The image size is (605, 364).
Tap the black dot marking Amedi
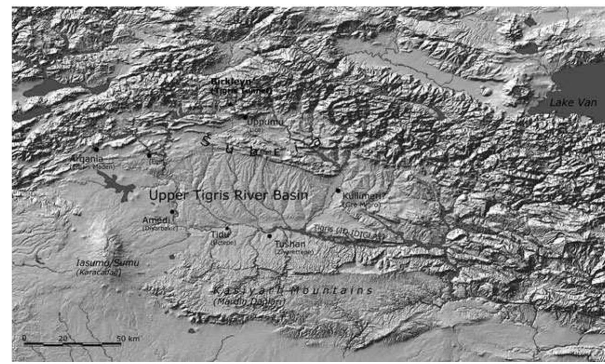[172, 212]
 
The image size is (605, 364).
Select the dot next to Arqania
[96, 149]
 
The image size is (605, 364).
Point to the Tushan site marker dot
[269, 236]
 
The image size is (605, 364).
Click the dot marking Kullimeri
[338, 190]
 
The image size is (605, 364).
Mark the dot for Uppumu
[245, 117]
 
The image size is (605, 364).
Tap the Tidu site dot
[227, 228]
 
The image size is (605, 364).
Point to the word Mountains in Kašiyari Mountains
[332, 291]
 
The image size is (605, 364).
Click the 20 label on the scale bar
[64, 338]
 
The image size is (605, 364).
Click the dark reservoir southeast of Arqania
[116, 184]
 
